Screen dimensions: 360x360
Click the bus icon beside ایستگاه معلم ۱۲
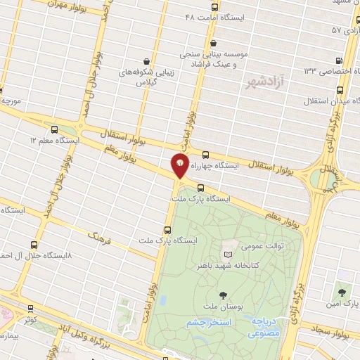[56, 129]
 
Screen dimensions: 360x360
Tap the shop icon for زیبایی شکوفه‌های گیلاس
[146, 62]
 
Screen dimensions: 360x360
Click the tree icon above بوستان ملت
[224, 295]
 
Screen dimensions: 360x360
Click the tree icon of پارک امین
[342, 289]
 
